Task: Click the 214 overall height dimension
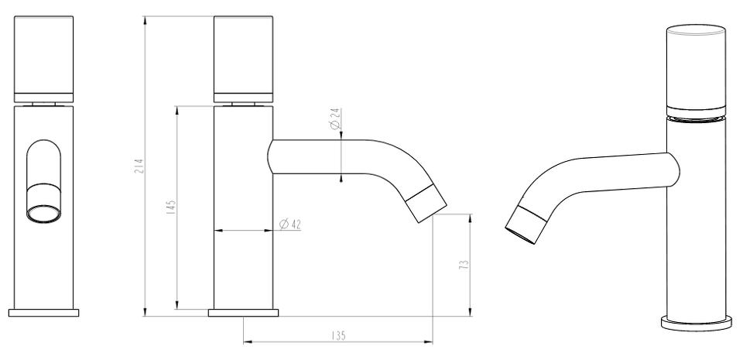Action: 139,166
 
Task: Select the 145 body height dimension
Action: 172,207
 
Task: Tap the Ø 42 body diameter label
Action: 290,224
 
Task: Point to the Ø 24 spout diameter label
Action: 335,119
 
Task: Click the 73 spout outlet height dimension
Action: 464,264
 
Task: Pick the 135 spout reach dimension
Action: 338,336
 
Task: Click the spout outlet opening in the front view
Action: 43,213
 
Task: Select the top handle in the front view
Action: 43,59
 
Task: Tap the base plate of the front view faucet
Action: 43,313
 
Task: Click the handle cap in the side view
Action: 244,59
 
